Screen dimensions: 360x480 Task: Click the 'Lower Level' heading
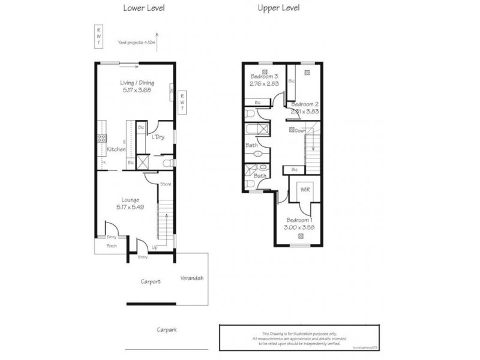143,8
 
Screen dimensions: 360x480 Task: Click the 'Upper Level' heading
279,8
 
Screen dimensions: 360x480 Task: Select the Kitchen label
116,149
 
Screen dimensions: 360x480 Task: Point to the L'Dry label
158,137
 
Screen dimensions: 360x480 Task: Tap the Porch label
112,246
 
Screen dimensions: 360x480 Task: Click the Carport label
151,281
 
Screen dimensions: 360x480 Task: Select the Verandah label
192,278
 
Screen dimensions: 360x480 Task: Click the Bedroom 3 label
263,76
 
